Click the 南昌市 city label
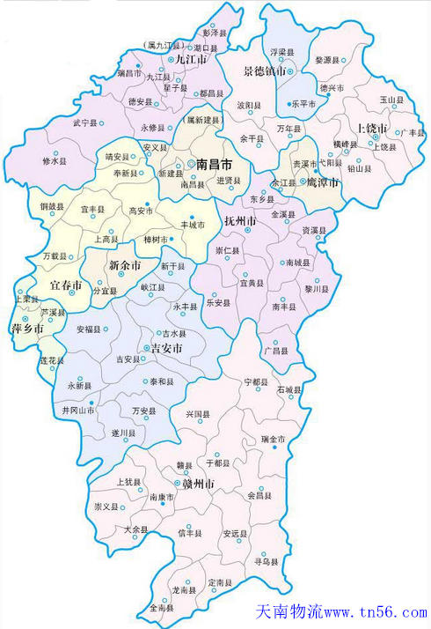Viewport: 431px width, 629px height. pos(214,164)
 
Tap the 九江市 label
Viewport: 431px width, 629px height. pos(191,59)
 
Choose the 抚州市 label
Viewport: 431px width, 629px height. pos(240,219)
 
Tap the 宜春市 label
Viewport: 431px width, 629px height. pos(65,285)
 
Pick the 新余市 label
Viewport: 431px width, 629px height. pos(125,265)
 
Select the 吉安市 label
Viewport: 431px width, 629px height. pos(165,349)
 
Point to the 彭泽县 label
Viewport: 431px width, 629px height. pos(215,32)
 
